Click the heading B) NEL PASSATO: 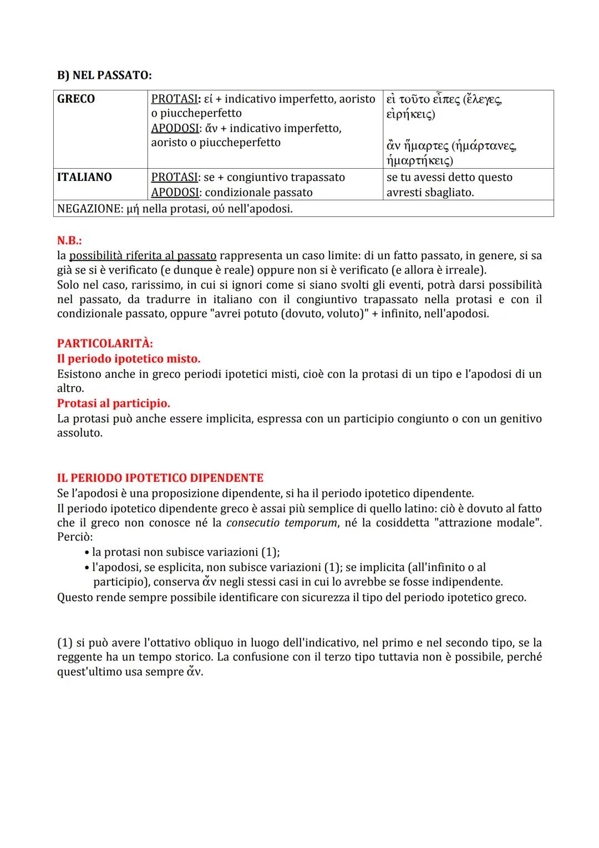pos(104,75)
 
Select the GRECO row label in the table pos(76,99)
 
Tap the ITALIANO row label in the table pos(84,177)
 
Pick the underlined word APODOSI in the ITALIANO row pos(175,193)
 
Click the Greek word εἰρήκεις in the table pos(410,114)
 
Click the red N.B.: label pos(69,241)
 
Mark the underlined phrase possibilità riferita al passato pos(143,256)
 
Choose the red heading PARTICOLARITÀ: pos(105,344)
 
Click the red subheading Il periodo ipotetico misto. pos(129,359)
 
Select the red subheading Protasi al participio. pos(114,403)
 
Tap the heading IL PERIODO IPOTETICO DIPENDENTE pos(160,478)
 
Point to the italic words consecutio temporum pos(282,523)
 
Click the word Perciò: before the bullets pos(75,537)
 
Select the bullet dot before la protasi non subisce pos(87,553)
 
